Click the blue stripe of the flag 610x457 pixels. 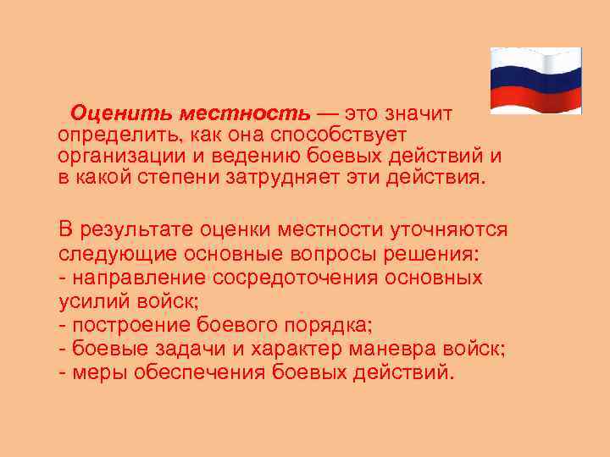(535, 80)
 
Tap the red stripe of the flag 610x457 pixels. (535, 100)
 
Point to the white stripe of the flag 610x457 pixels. (535, 62)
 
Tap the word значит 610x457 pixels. (419, 113)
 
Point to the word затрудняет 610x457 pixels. (323, 179)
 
